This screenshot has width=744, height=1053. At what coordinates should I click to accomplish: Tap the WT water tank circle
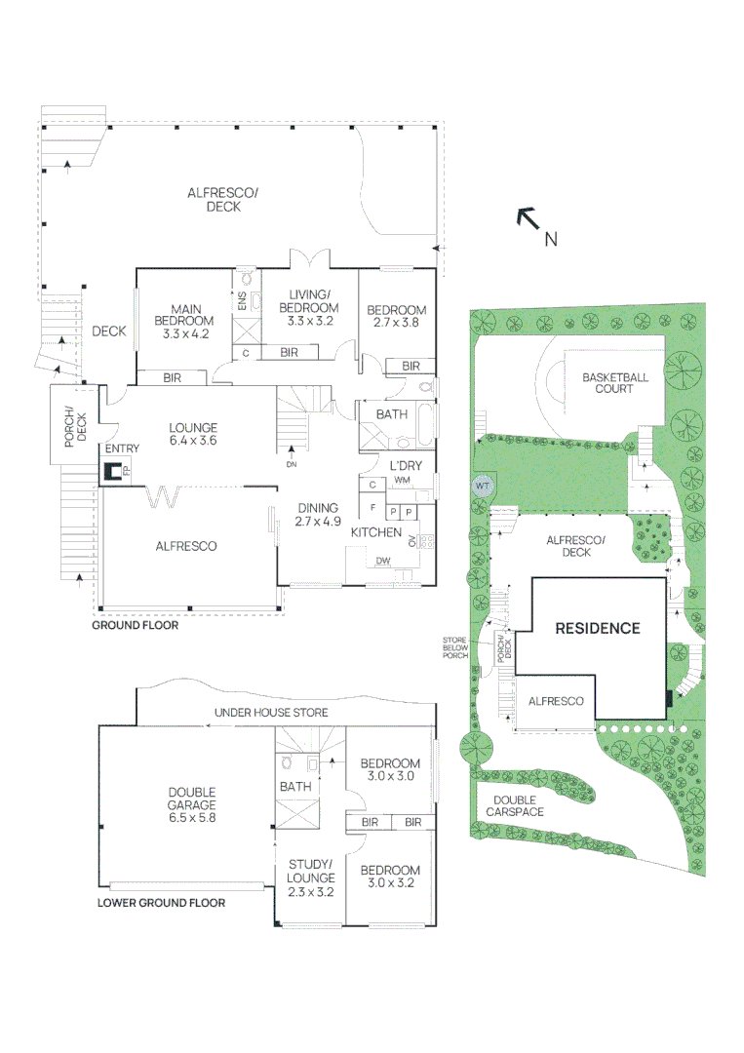point(482,486)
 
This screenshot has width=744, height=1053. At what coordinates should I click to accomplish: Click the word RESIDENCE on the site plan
point(597,628)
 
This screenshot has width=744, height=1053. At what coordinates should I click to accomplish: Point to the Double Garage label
point(191,804)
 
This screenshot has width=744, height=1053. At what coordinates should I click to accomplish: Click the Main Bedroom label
point(185,322)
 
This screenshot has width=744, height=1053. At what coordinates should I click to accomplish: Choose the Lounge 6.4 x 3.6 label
point(193,434)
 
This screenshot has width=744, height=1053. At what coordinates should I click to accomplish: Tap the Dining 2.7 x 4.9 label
point(318,514)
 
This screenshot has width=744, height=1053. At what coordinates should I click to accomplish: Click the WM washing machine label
point(402,481)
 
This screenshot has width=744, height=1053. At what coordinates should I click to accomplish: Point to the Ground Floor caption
point(135,626)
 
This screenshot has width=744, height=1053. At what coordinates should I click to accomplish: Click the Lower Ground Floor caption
point(161,903)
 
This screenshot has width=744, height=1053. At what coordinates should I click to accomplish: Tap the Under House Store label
point(271,714)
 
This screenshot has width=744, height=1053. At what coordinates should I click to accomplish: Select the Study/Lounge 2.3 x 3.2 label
point(311,877)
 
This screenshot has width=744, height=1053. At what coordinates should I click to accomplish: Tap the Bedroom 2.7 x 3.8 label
point(397,317)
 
